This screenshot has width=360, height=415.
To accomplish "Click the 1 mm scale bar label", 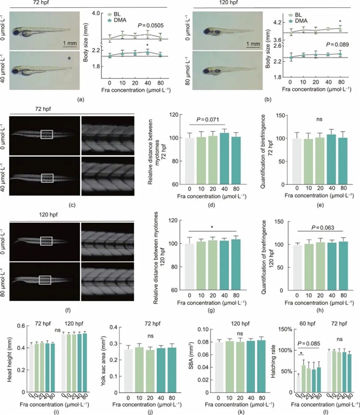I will pyautogui.click(x=69, y=42).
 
